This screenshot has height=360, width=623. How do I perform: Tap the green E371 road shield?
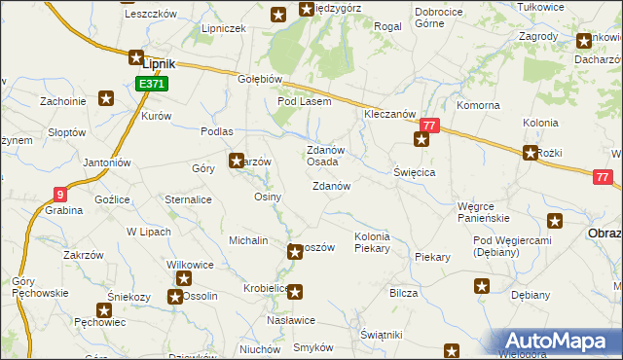(x=152, y=85)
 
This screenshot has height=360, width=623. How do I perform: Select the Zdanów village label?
(x=331, y=186)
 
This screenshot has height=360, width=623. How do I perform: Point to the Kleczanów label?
(x=390, y=114)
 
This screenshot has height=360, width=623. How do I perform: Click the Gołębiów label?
(x=260, y=80)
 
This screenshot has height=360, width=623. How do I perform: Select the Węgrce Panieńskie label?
(x=484, y=212)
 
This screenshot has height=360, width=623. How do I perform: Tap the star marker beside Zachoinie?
(x=106, y=98)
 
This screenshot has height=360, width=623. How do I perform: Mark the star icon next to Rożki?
(x=531, y=152)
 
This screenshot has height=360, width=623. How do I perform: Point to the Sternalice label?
(x=189, y=199)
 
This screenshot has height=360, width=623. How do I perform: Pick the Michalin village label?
(x=248, y=239)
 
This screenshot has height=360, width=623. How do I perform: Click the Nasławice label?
(x=290, y=319)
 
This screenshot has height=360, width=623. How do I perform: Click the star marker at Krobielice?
(x=296, y=290)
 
